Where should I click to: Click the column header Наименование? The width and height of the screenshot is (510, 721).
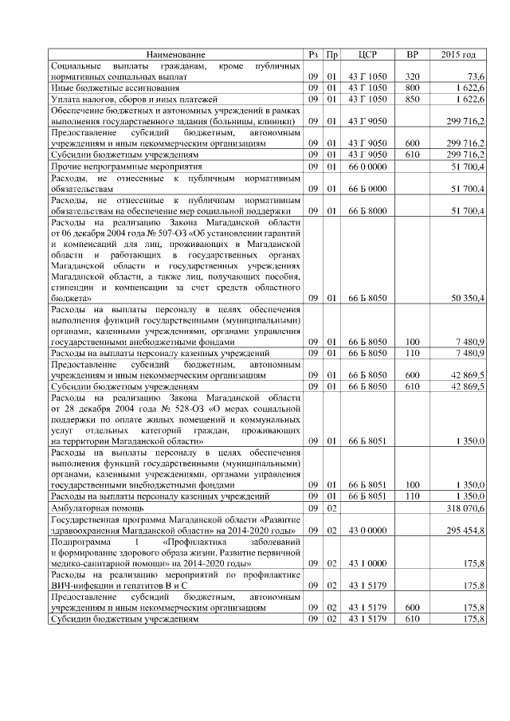coord(176,55)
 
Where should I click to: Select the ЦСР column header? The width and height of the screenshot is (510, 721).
coord(367,55)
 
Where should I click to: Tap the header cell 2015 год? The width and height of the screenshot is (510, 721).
coord(459,55)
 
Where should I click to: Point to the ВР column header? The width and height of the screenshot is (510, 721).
coord(412,55)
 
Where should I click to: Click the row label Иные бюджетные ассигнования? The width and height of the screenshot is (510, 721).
coord(104,88)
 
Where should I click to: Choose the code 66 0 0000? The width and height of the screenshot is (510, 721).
coord(367,166)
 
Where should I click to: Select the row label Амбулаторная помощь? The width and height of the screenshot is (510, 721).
coord(96,507)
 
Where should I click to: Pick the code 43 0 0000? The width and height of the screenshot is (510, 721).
coord(367,530)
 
